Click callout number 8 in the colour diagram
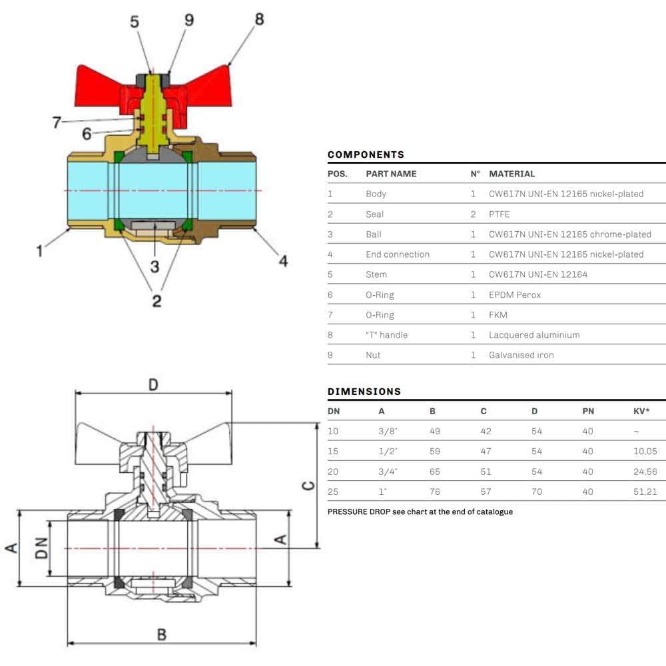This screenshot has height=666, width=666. [x=259, y=19]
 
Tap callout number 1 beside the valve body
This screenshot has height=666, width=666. [x=40, y=251]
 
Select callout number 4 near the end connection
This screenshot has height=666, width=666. [x=283, y=261]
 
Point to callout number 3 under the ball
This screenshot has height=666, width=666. [x=155, y=266]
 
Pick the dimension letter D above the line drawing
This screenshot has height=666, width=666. [x=153, y=385]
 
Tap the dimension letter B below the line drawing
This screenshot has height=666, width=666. [x=161, y=634]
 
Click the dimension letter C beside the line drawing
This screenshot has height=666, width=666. [x=308, y=485]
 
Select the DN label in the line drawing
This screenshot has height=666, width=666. [x=41, y=548]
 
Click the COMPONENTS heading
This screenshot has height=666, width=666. [x=366, y=155]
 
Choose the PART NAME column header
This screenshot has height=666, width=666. [x=391, y=174]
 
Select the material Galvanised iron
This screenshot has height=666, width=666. [x=521, y=355]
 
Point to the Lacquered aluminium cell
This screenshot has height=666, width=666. [x=534, y=335]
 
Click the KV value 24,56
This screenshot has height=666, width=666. [x=645, y=472]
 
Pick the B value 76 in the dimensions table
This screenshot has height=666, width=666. [x=435, y=492]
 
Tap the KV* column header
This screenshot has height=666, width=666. [x=641, y=411]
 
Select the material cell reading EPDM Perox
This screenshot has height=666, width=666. [x=515, y=294]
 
